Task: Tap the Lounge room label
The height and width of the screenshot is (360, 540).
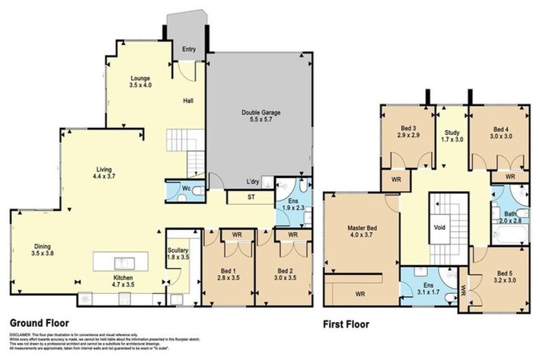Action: (x=141, y=77)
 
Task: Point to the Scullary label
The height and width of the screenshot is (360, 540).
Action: (x=176, y=249)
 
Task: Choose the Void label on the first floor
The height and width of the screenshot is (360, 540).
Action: (x=440, y=228)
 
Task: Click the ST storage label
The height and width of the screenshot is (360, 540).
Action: (x=250, y=198)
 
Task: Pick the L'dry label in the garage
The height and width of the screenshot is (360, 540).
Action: (x=254, y=181)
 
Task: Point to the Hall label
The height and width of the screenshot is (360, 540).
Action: (x=188, y=101)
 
